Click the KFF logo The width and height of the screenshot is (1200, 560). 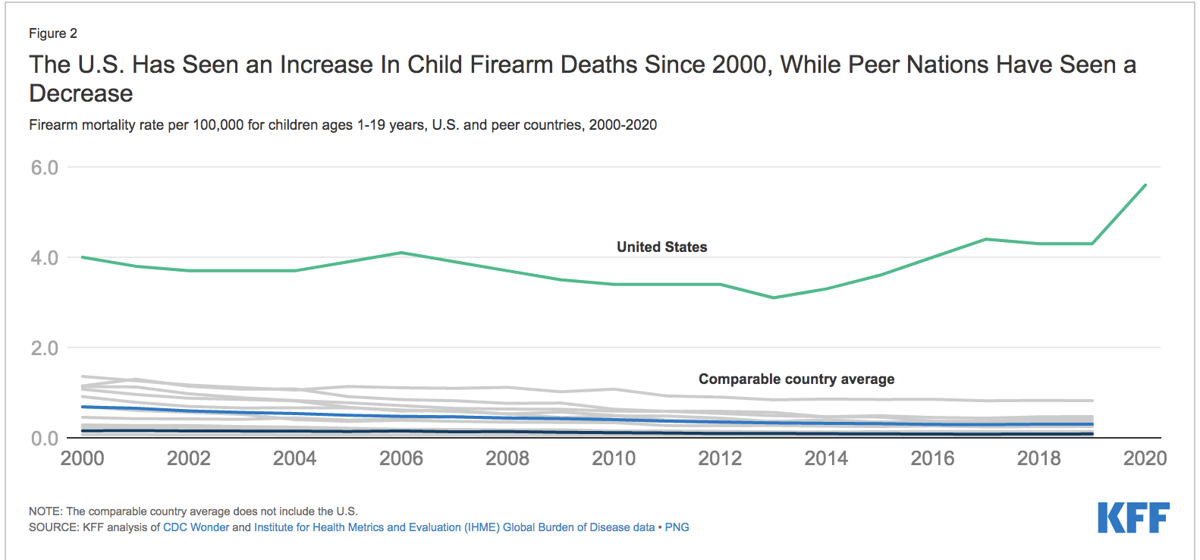1133,518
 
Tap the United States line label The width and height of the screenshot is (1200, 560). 661,247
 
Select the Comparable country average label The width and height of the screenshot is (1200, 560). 796,379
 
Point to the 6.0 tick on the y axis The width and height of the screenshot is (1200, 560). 44,168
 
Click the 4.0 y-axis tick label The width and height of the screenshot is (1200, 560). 44,258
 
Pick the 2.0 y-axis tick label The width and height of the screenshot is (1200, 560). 44,348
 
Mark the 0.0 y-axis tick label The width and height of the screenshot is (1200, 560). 44,439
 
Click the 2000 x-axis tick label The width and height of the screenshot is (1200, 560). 83,458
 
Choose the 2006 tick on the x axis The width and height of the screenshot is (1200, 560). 401,458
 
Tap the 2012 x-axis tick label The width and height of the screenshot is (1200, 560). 720,458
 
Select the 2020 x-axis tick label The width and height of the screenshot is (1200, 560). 1145,458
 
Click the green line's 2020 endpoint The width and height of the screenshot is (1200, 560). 1145,185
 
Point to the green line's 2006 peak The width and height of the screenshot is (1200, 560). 401,253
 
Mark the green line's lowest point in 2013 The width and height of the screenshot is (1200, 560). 774,297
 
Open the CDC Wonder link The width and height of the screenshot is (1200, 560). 196,527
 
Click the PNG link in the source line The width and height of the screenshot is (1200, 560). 677,527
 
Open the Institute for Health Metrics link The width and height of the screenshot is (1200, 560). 454,527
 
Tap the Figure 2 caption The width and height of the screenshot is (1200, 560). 53,33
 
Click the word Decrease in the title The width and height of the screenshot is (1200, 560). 81,93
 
